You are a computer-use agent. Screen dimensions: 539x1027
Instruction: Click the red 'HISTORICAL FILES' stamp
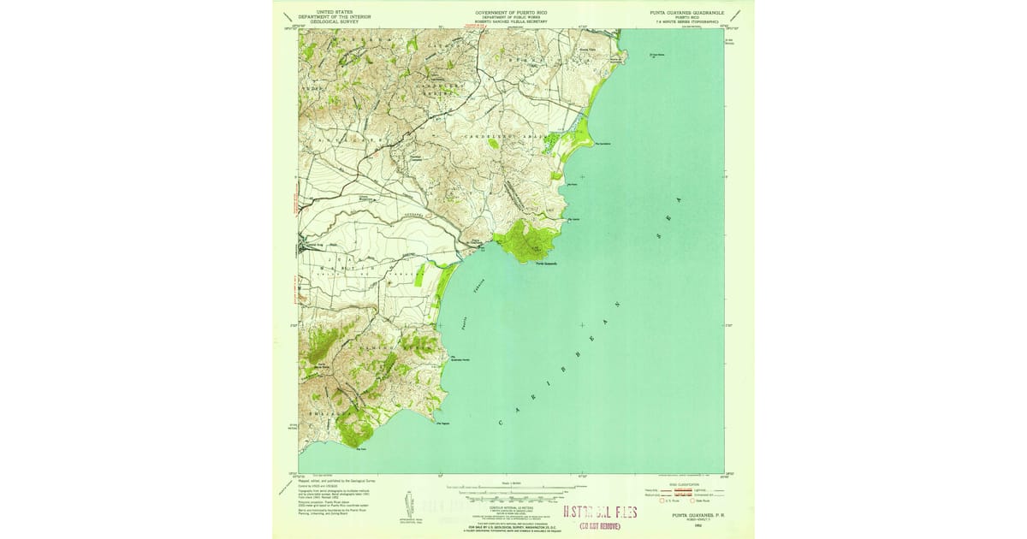pyautogui.click(x=600, y=513)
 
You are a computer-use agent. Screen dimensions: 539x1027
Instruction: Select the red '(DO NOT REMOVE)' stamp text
pyautogui.click(x=600, y=526)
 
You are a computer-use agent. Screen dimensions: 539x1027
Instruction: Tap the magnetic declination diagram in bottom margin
pyautogui.click(x=407, y=505)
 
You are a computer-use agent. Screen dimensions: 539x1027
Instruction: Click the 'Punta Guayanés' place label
pyautogui.click(x=546, y=264)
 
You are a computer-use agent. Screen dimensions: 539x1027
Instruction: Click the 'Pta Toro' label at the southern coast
pyautogui.click(x=360, y=447)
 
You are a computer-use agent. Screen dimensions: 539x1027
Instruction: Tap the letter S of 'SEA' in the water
pyautogui.click(x=657, y=233)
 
